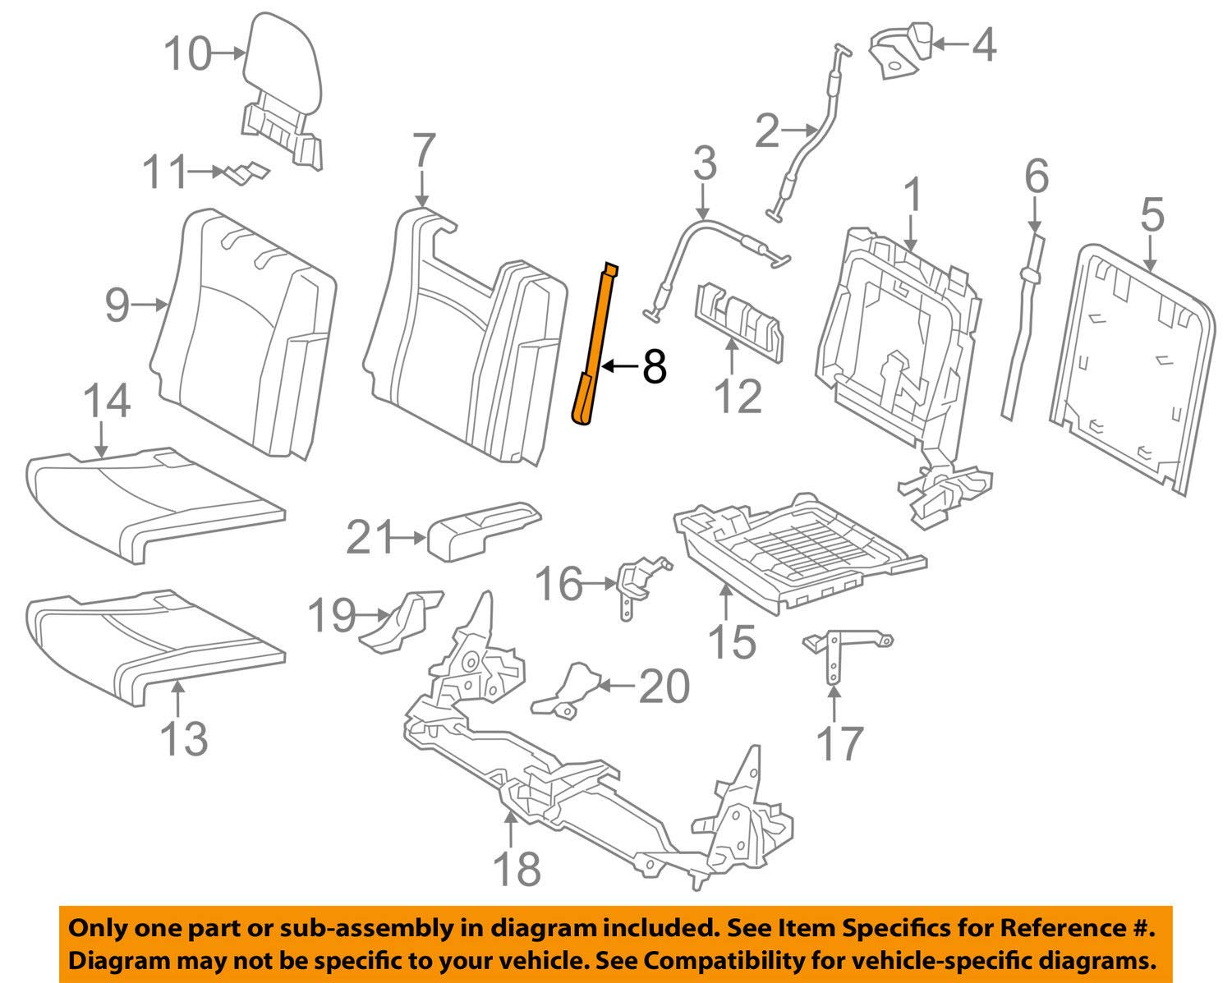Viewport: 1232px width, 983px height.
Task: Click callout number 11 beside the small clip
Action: pyautogui.click(x=164, y=173)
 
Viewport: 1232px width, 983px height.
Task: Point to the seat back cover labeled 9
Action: pyautogui.click(x=246, y=328)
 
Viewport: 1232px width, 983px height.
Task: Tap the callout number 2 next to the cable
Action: pyautogui.click(x=766, y=131)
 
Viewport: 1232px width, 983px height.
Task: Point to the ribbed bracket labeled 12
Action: pyautogui.click(x=739, y=324)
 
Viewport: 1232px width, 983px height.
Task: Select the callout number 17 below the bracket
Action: pyautogui.click(x=839, y=742)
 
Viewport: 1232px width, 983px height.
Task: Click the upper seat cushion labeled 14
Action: pyautogui.click(x=156, y=501)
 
